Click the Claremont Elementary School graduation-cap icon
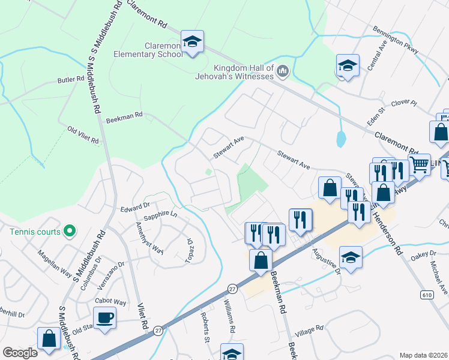point(192,42)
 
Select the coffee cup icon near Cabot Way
point(105,317)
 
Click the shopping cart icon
point(420,163)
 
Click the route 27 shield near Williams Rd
point(233,289)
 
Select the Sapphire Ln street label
point(160,217)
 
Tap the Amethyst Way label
point(149,238)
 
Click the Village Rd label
point(310,328)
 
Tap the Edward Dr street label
point(133,208)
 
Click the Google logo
point(20,353)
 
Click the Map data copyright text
point(423,355)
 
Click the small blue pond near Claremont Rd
point(341,140)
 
